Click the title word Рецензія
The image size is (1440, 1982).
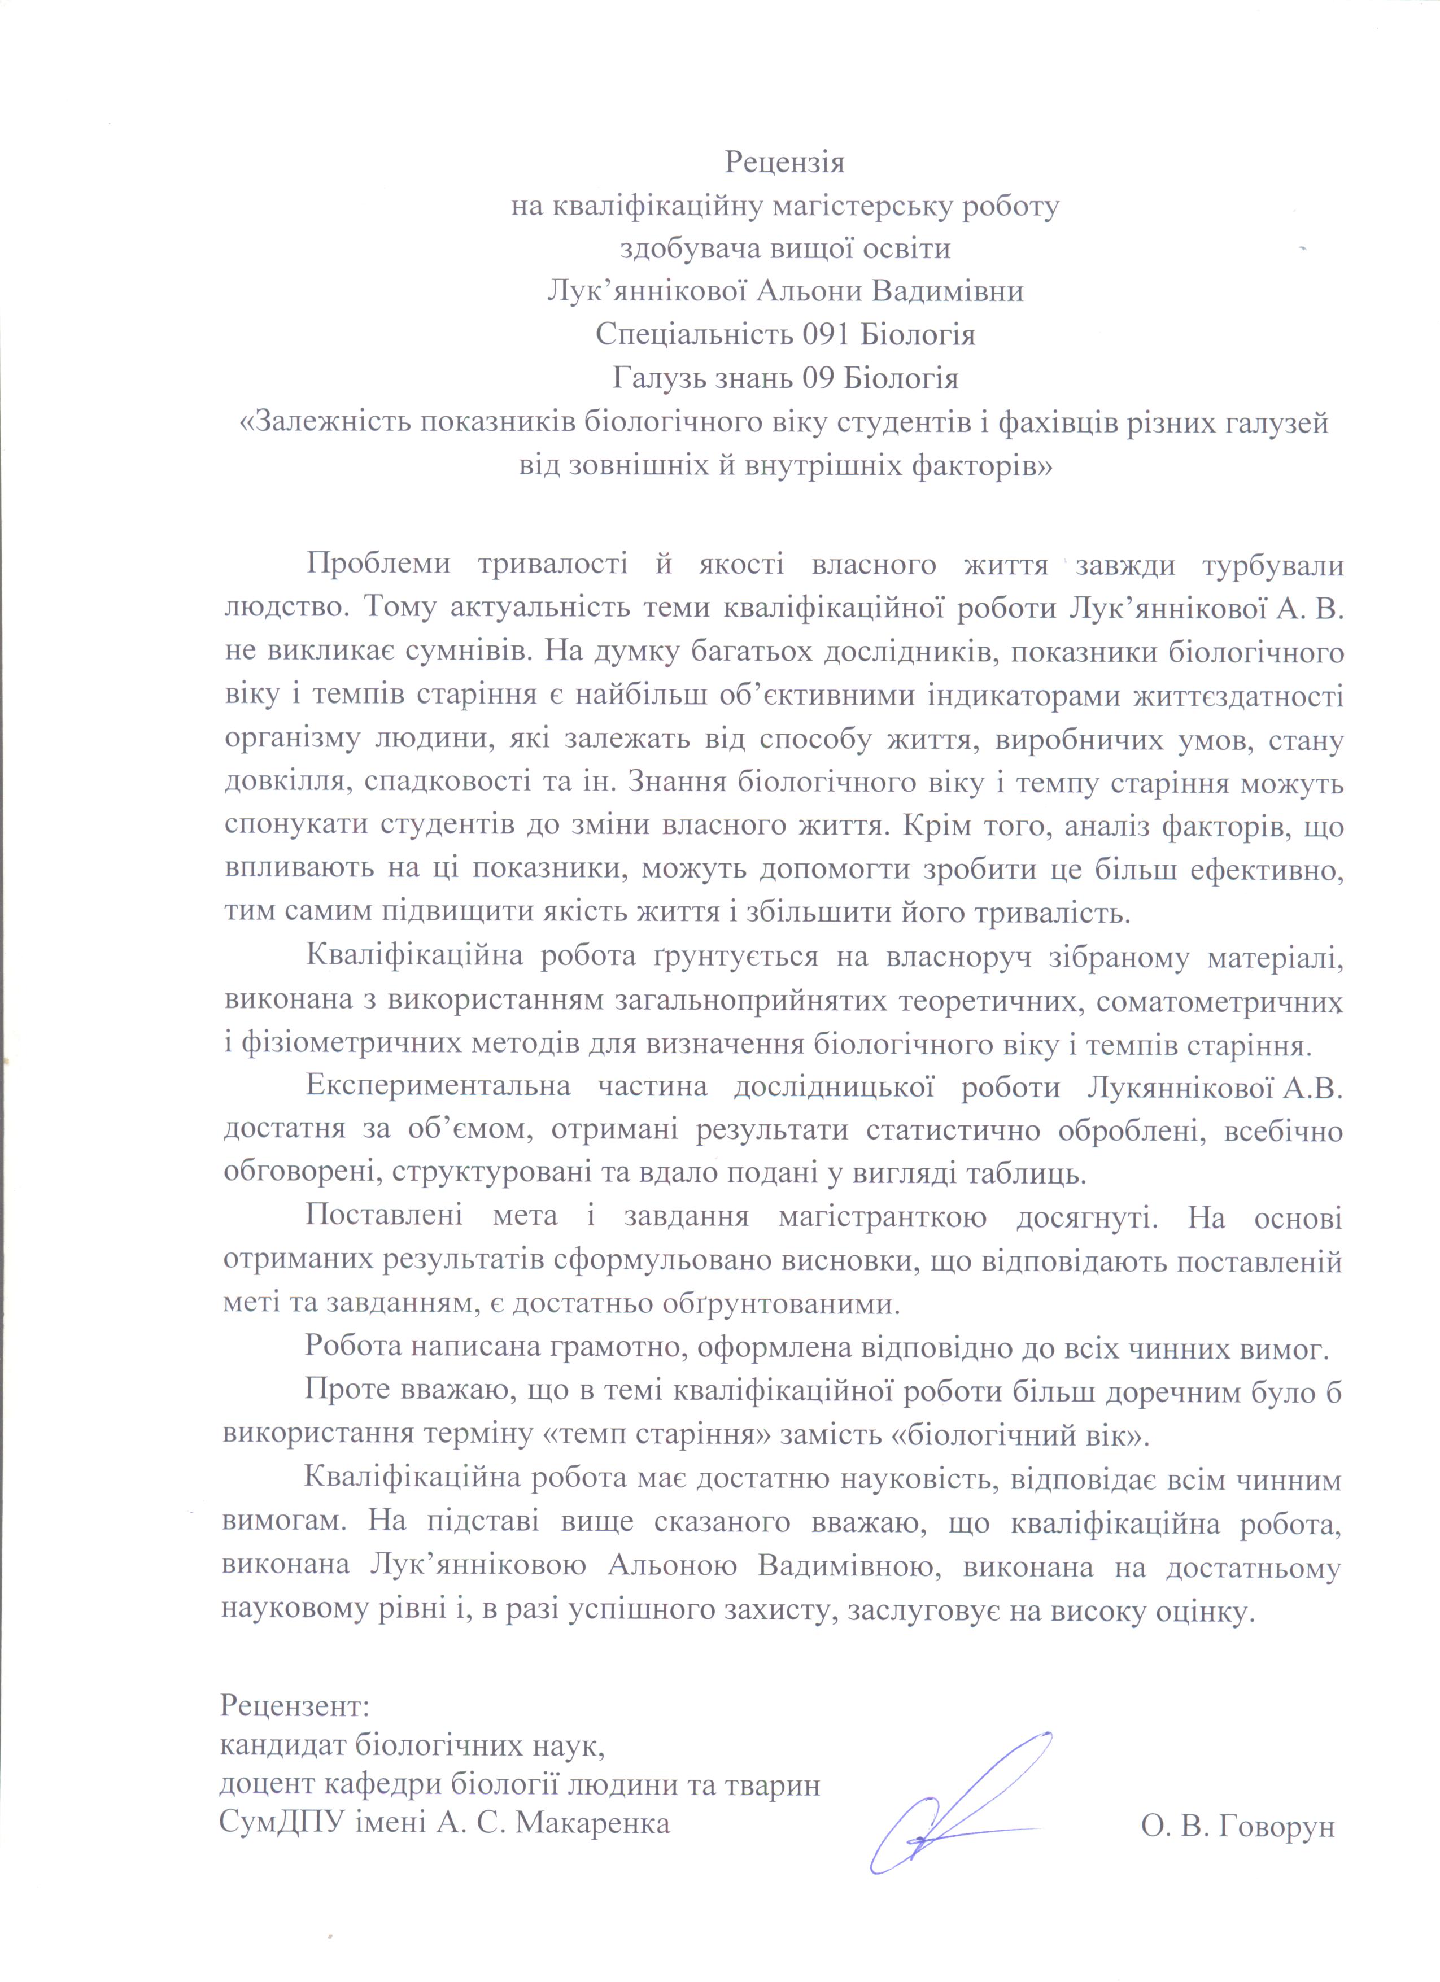(x=785, y=163)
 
